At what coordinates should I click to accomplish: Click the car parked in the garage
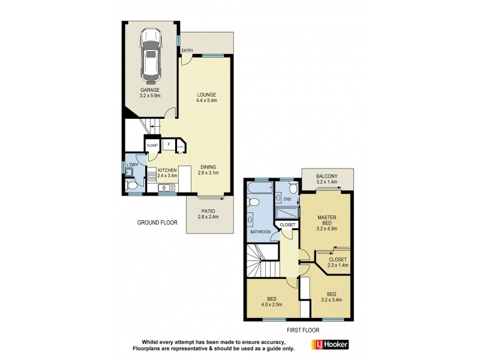[151, 57]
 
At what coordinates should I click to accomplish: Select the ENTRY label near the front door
[187, 50]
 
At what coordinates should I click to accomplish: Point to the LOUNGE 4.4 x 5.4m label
[206, 98]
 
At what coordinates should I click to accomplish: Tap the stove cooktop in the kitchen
[152, 176]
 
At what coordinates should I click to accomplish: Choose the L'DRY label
[132, 164]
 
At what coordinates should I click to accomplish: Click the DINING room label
[208, 169]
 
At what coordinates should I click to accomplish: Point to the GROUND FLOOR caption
[157, 223]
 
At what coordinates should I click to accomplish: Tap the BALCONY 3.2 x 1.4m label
[328, 178]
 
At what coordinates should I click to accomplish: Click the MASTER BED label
[327, 223]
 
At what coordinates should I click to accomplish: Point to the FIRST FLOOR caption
[302, 330]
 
